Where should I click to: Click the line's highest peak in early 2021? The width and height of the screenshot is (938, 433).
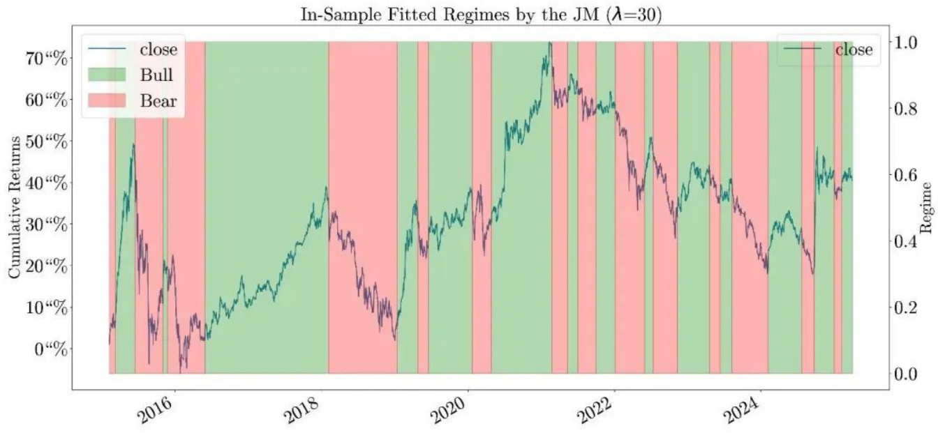tap(549, 43)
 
